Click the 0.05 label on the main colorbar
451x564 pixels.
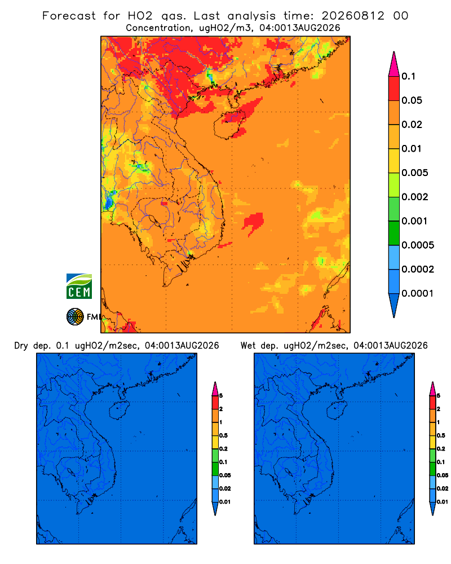point(412,100)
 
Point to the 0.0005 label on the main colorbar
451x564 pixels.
point(418,245)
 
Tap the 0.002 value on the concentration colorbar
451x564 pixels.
point(415,197)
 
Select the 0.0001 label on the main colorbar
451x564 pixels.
point(418,293)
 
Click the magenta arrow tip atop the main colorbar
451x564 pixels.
point(394,64)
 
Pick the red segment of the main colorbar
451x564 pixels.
point(394,89)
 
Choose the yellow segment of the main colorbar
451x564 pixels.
point(394,161)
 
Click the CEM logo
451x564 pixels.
point(79,287)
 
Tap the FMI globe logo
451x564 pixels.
point(75,316)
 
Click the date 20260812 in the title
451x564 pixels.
point(353,16)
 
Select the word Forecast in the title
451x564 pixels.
point(69,16)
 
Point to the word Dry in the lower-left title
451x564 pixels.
point(21,346)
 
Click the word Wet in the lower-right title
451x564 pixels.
point(247,346)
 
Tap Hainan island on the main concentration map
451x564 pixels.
point(229,124)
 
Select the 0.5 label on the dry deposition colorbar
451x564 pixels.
point(223,435)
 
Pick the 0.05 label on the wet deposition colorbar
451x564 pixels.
point(443,475)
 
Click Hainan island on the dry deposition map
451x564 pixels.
point(119,411)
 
